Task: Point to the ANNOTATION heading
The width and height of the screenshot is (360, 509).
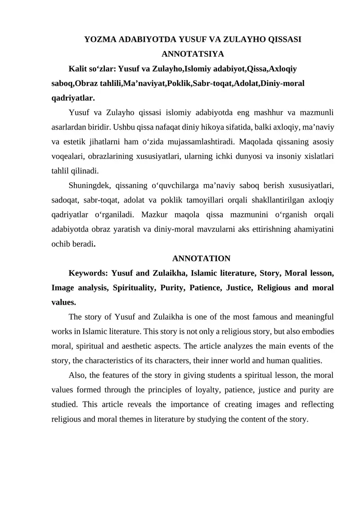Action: [x=201, y=258]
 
